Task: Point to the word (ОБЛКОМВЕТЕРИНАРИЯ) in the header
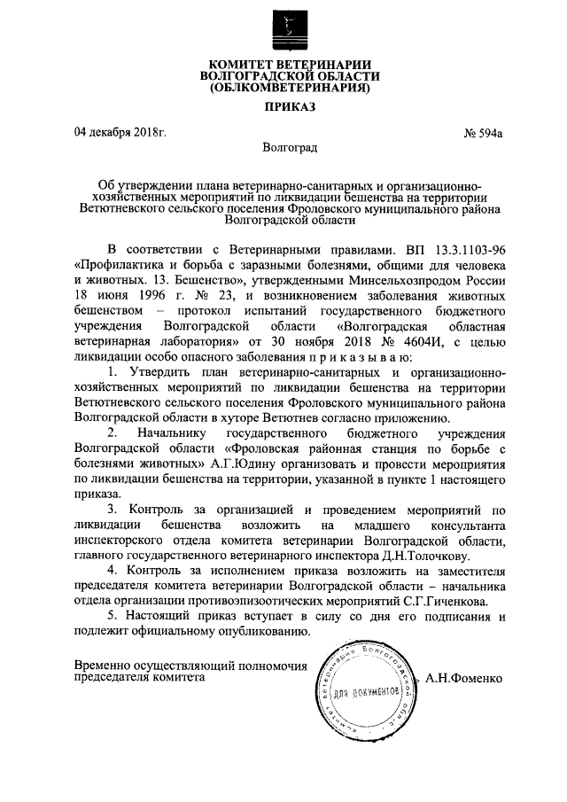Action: click(x=283, y=89)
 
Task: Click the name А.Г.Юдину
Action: click(x=242, y=463)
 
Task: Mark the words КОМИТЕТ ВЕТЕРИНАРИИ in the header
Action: click(x=283, y=63)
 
